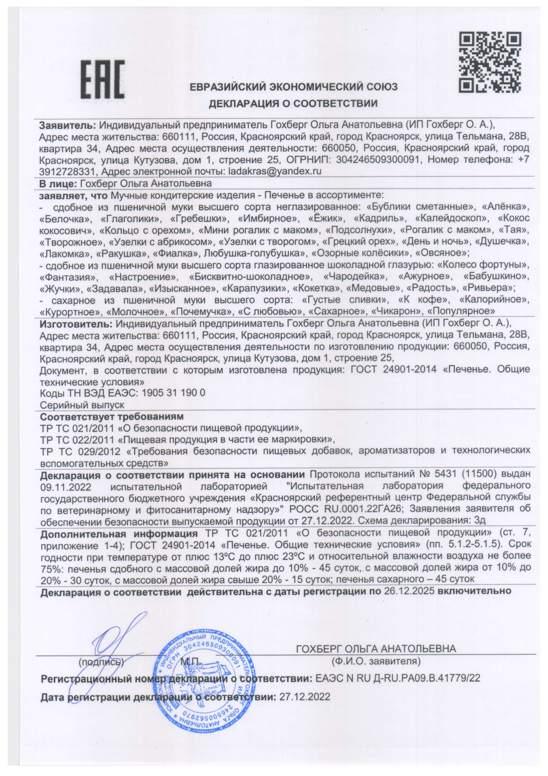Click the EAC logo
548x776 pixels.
coord(102,80)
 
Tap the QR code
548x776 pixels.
coord(489,62)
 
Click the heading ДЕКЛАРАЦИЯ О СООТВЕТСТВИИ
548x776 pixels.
coord(293,104)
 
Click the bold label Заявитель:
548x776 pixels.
coord(67,125)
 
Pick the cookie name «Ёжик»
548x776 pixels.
coord(324,219)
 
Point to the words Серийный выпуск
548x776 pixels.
coord(82,405)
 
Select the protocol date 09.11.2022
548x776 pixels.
coord(65,487)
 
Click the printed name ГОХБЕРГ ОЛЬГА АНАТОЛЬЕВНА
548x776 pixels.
coord(376,649)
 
